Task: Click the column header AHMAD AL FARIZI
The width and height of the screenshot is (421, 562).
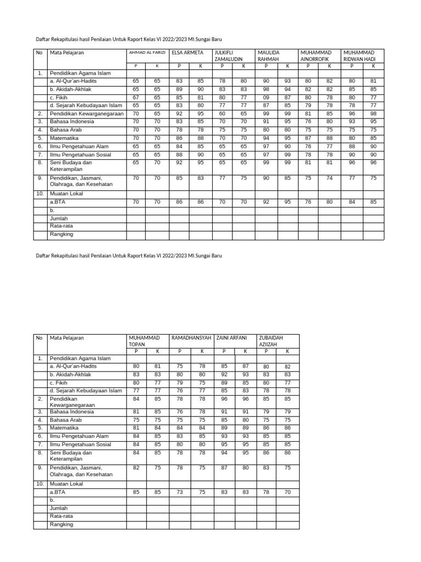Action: [x=147, y=53]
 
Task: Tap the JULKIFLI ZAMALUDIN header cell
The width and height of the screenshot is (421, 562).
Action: [x=228, y=55]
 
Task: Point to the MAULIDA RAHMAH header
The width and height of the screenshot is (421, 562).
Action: [x=269, y=55]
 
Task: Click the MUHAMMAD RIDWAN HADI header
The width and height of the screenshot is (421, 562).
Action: [x=360, y=55]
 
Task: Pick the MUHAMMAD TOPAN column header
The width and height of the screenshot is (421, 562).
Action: [x=144, y=341]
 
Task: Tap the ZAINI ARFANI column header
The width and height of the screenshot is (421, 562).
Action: [x=233, y=338]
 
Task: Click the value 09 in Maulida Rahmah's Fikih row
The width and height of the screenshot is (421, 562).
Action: [x=266, y=98]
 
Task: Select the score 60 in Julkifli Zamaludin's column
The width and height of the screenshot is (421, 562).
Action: [x=222, y=114]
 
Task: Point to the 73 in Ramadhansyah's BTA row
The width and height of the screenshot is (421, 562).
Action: [x=179, y=492]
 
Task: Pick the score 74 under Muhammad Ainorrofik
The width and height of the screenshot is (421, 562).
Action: [x=329, y=178]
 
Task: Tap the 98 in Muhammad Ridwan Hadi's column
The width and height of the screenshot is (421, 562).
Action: [x=373, y=114]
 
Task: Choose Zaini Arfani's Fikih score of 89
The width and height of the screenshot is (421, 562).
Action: [x=224, y=383]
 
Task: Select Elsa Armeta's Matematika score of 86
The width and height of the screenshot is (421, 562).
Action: [x=179, y=138]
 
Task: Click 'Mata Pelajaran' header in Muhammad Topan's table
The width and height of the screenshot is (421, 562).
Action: [x=67, y=338]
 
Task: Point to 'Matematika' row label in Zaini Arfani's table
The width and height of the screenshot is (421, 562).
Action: [x=64, y=428]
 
